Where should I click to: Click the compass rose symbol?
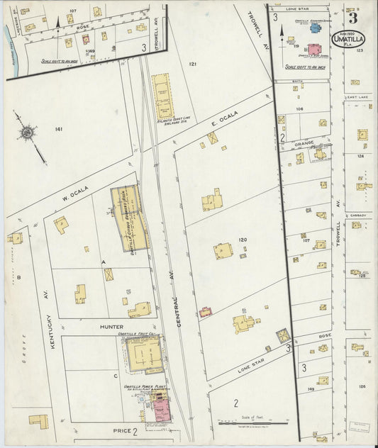(27, 132)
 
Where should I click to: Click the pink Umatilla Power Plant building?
(162, 410)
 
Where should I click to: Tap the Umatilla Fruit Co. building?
(143, 353)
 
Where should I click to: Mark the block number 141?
(58, 128)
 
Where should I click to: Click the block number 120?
(243, 240)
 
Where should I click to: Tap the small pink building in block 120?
(206, 311)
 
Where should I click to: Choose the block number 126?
(362, 386)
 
